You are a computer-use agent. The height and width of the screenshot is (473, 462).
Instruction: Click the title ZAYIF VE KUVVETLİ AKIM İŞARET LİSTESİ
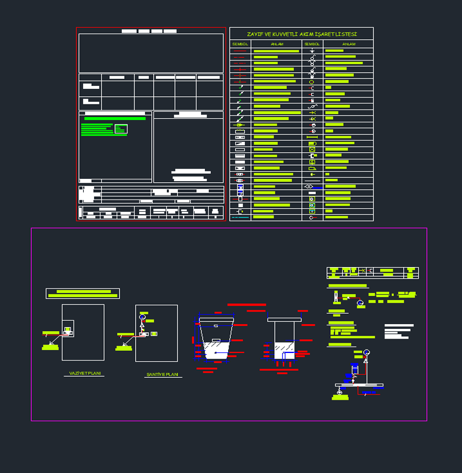[301, 35]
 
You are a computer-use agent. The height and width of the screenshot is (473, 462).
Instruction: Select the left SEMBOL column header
[240, 44]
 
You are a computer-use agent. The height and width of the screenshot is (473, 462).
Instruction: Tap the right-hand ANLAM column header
[349, 44]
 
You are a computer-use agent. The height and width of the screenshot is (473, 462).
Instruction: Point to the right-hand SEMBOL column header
[312, 44]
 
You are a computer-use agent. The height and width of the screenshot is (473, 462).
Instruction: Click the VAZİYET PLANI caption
[85, 374]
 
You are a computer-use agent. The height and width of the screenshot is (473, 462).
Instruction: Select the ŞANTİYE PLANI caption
[163, 375]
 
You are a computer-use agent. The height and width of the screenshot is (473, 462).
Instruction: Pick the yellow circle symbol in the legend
[312, 82]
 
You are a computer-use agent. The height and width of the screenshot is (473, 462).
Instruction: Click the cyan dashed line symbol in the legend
[240, 217]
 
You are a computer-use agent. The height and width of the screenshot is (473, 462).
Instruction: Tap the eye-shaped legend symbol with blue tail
[312, 186]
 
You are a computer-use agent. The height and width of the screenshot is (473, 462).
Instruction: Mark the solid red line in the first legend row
[240, 51]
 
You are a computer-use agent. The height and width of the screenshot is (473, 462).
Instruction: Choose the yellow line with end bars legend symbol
[312, 137]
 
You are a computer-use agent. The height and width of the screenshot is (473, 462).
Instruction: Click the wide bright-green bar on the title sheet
[114, 118]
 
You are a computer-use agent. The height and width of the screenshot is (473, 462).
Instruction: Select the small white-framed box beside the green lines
[121, 129]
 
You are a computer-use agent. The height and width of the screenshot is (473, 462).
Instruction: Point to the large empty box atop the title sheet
[151, 52]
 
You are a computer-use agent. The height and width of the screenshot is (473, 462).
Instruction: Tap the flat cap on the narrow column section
[284, 319]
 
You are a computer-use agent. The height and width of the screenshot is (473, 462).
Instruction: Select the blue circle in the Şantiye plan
[142, 318]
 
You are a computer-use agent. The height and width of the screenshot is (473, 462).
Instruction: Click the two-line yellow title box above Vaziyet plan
[83, 294]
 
